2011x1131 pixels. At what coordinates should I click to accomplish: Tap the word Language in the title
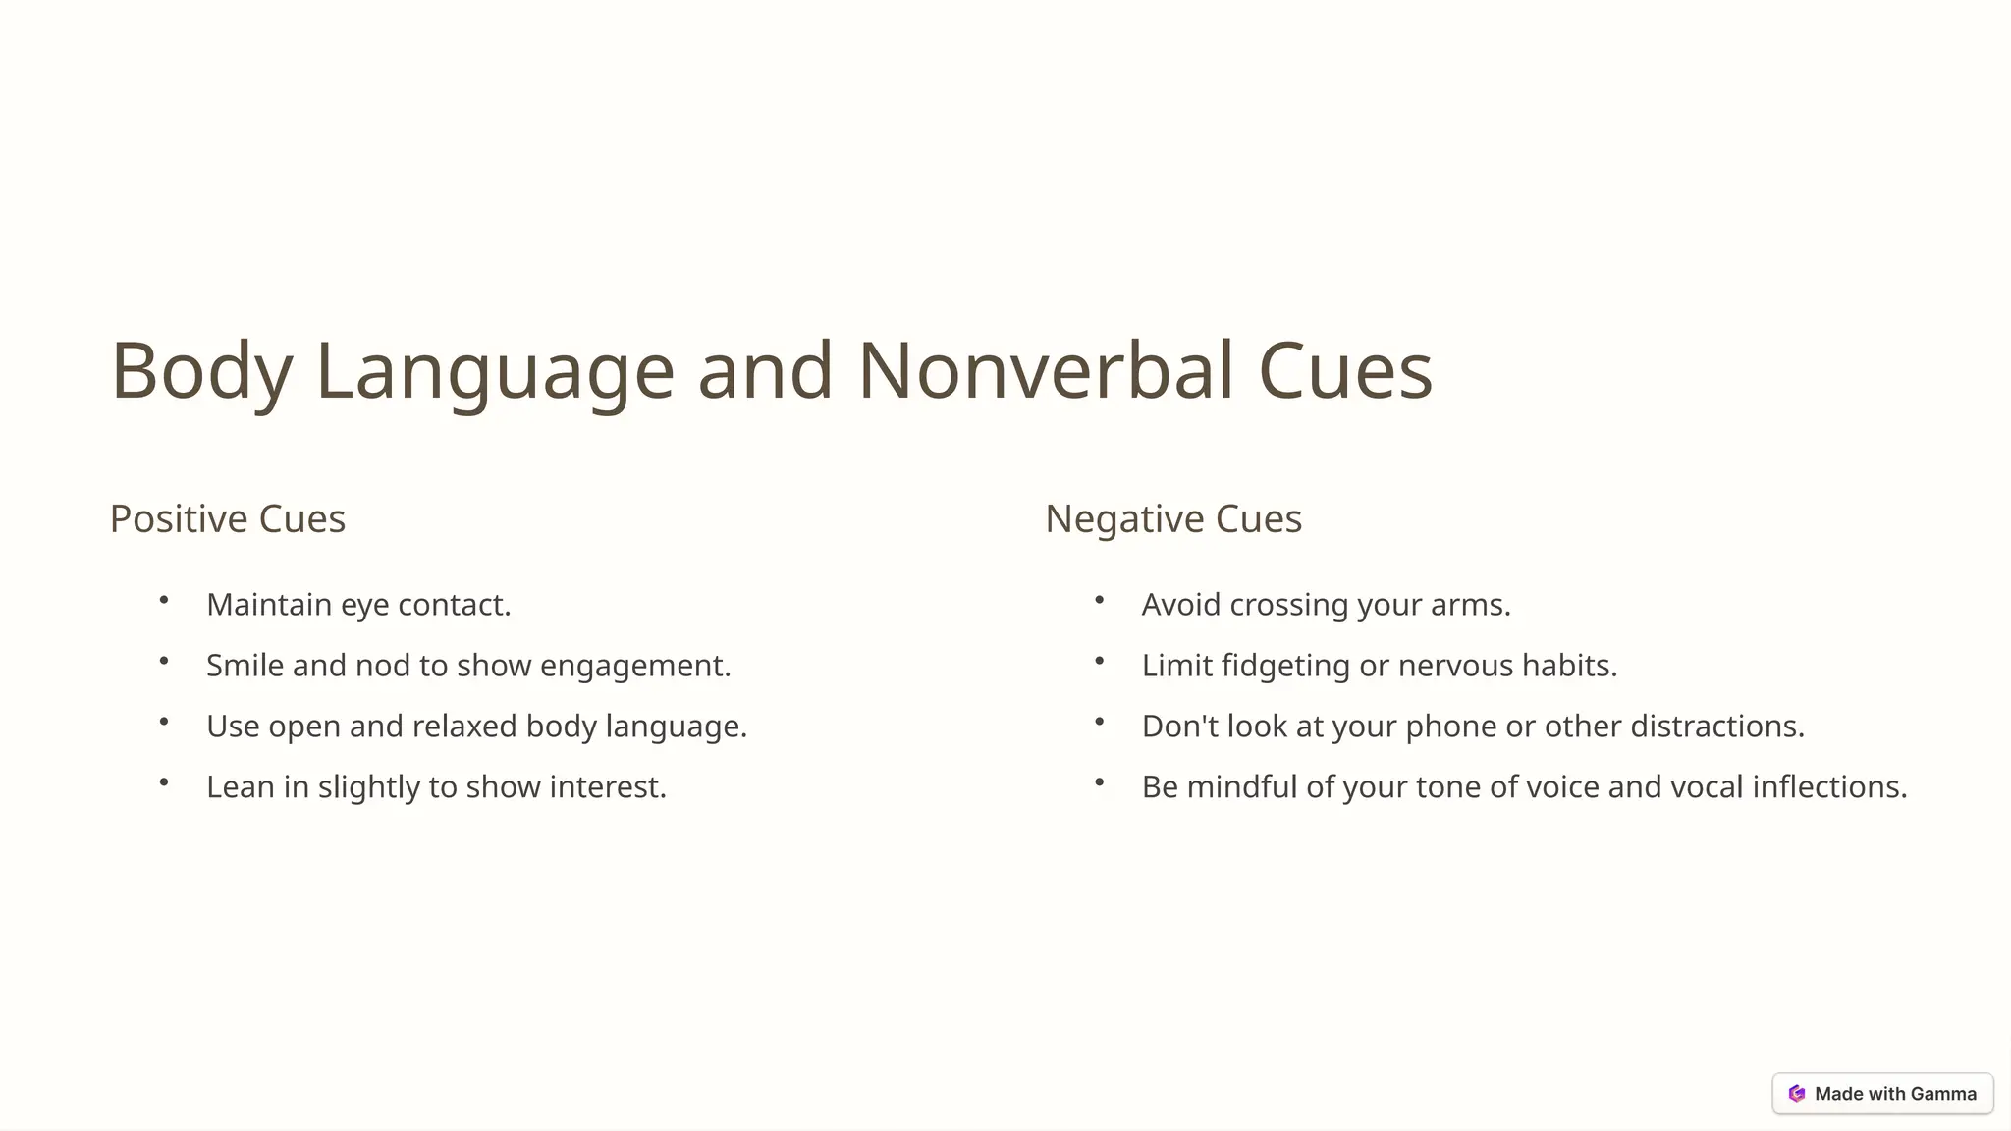495,370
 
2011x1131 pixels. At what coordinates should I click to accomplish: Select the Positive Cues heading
228,518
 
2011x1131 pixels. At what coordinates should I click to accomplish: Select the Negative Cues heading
1173,518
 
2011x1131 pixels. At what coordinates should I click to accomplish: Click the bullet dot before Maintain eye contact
164,600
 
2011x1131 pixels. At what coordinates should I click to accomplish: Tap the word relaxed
464,727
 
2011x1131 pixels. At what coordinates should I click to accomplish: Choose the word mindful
1241,787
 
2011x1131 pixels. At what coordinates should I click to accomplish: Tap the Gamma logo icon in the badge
1797,1094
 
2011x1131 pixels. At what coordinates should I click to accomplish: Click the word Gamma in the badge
1943,1094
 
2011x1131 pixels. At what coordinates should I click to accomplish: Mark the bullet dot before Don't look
1100,722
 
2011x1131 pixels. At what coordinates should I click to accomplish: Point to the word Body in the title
201,370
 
